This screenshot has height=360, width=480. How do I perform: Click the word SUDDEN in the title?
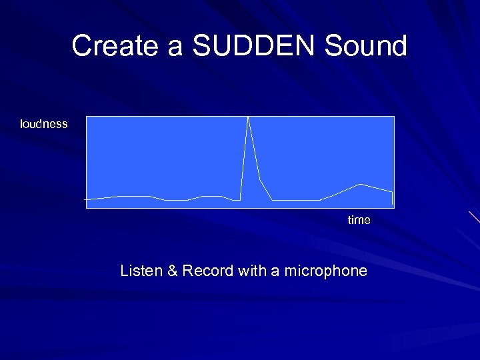(x=254, y=46)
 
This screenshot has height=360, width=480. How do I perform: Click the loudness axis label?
(x=44, y=124)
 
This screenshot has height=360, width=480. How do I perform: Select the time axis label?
(x=359, y=220)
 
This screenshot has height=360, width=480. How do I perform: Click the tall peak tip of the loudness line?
(x=249, y=117)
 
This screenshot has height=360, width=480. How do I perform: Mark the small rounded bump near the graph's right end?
(x=361, y=184)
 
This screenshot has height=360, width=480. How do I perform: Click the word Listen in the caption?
(x=141, y=271)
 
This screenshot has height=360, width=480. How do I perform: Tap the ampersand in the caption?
(x=171, y=271)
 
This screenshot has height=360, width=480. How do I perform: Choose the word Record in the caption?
(x=206, y=271)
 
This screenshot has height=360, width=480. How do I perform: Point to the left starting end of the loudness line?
(x=85, y=199)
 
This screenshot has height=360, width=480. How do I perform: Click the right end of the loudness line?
(x=393, y=193)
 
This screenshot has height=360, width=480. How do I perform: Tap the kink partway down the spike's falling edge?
(x=260, y=180)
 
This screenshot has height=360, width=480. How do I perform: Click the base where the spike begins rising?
(x=240, y=200)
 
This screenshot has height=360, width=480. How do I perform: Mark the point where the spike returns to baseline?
(x=272, y=200)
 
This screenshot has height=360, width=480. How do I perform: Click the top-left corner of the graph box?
(x=87, y=117)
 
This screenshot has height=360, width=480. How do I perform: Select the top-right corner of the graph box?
(x=394, y=117)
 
